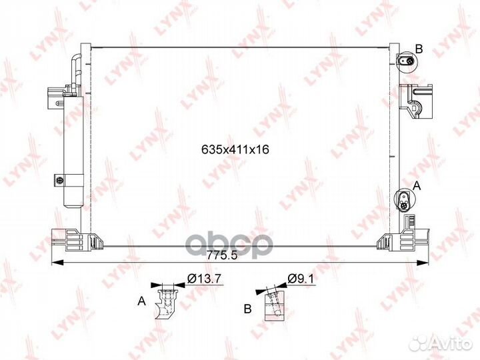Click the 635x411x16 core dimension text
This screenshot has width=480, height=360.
click(235, 149)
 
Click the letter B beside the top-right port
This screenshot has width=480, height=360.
click(419, 49)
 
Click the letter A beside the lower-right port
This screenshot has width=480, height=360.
click(417, 185)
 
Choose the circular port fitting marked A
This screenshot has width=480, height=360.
click(404, 201)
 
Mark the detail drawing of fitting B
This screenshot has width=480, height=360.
click(274, 305)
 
